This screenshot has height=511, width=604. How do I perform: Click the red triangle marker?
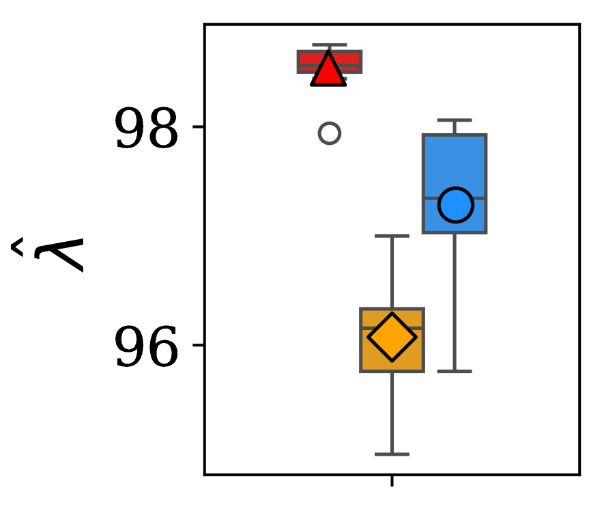[x=328, y=70]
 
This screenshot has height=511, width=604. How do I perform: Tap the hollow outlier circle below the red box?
[x=329, y=133]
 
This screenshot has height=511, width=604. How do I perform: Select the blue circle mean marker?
[x=455, y=204]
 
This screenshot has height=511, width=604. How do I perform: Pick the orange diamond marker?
[x=392, y=337]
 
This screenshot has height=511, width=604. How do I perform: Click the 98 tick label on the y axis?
[x=146, y=128]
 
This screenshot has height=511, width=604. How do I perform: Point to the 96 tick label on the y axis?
[x=146, y=347]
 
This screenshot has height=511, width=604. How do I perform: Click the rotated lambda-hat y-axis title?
[x=49, y=254]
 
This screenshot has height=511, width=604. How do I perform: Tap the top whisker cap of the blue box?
[x=455, y=120]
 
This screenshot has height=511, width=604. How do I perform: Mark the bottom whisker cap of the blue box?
[x=455, y=371]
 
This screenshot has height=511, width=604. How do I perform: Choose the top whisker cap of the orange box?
[x=392, y=236]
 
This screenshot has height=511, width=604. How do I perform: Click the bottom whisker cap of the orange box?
[x=392, y=454]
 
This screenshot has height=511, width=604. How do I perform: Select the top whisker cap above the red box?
[x=329, y=45]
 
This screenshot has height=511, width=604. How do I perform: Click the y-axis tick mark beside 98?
[x=199, y=127]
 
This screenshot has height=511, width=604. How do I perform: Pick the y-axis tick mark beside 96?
[x=199, y=346]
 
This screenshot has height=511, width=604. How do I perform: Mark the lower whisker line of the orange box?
[x=392, y=413]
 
